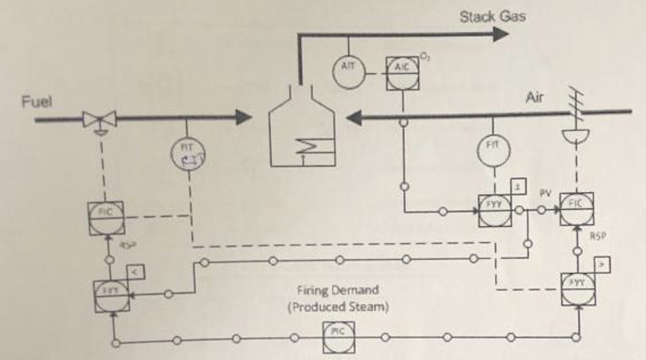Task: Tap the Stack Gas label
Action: click(x=492, y=16)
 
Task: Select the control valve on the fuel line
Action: click(x=100, y=118)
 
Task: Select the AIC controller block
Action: click(x=401, y=68)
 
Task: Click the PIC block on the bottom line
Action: click(x=336, y=332)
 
